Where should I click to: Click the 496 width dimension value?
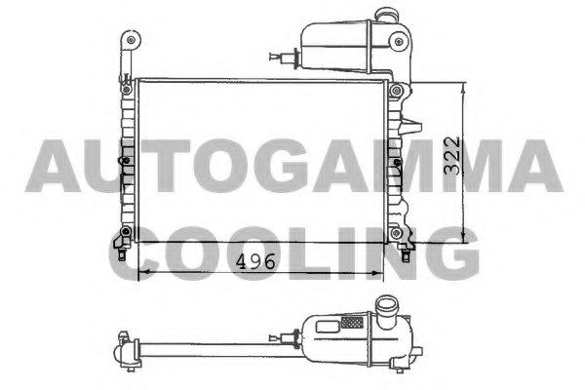(255, 261)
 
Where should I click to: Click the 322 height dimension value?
(452, 156)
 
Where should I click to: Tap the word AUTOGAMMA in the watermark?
(294, 166)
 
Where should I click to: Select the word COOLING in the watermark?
(294, 253)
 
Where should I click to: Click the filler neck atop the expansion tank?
(386, 15)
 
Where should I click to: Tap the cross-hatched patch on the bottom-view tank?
(352, 322)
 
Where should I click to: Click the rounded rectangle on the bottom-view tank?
(328, 327)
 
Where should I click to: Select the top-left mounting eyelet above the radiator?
(131, 40)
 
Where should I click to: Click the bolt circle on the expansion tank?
(399, 41)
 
